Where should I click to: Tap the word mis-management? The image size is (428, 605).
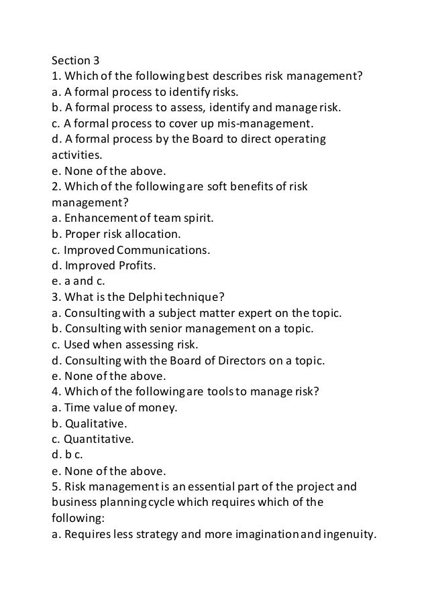[274, 123]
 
